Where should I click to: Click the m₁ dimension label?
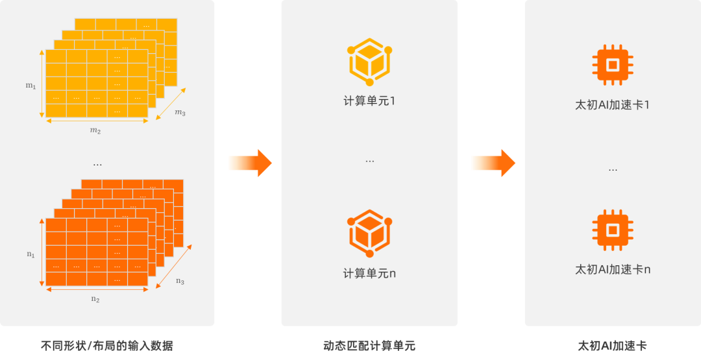point(31,85)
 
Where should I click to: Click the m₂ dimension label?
point(95,130)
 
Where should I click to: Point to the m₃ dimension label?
point(180,113)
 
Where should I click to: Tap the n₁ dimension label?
point(31,254)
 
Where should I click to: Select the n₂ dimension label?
point(95,299)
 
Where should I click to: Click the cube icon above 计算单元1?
point(369,62)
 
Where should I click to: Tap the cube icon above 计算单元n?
point(369,233)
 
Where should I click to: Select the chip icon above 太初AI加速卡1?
point(612,65)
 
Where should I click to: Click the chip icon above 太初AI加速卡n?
point(612,230)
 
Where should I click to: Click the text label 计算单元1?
point(369,102)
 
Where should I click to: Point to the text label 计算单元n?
point(369,273)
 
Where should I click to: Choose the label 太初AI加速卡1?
point(612,104)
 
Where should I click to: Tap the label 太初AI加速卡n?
point(612,269)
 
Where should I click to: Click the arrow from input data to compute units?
point(249,163)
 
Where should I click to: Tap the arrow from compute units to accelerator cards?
point(492,163)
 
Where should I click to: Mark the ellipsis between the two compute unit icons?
point(369,160)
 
